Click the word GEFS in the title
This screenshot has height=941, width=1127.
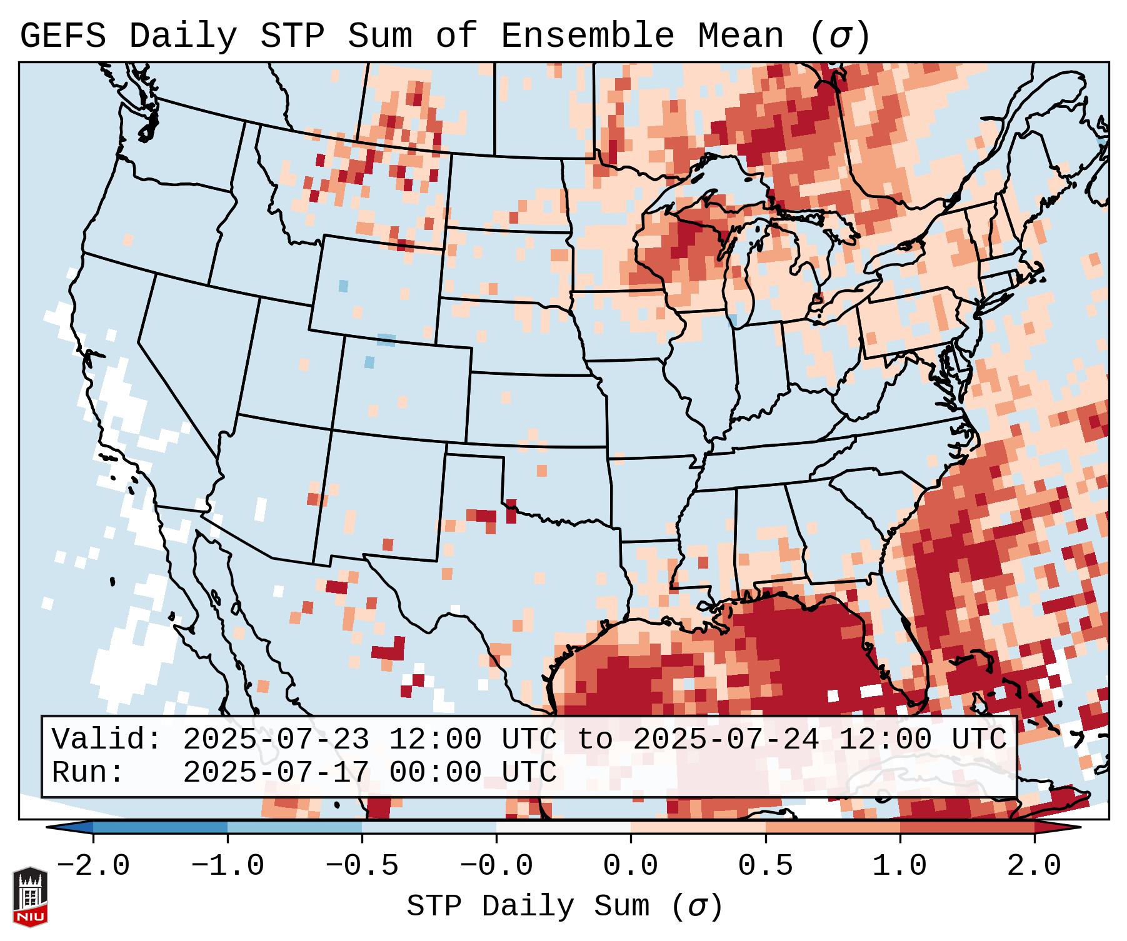point(63,36)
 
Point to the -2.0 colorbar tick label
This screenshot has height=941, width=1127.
point(93,866)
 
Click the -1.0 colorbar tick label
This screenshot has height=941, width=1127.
point(228,866)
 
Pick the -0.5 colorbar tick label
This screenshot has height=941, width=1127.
point(362,866)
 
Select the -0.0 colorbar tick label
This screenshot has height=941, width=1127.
point(496,866)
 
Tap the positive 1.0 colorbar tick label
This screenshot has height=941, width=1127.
point(900,866)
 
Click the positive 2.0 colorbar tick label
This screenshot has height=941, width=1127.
point(1034,866)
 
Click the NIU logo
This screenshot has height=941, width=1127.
point(30,897)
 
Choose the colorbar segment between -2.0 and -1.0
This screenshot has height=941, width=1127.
point(160,827)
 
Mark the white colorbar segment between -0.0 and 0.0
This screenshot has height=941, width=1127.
point(563,827)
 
